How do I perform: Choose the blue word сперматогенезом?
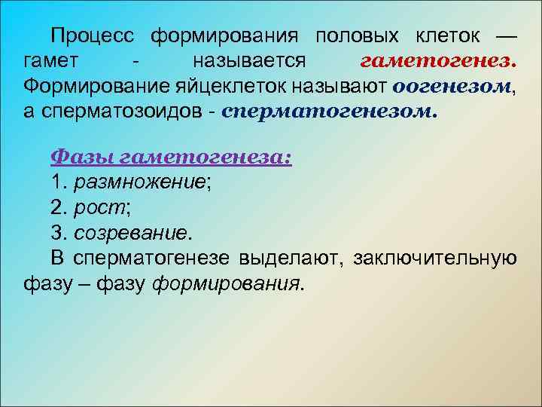pyautogui.click(x=330, y=110)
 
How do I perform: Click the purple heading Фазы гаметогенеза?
pyautogui.click(x=172, y=159)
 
